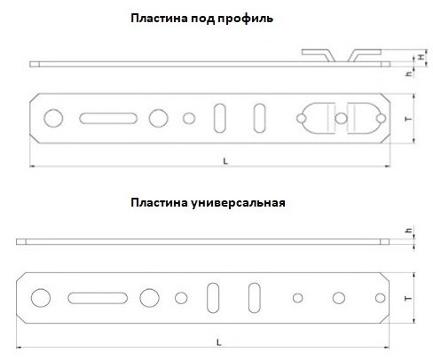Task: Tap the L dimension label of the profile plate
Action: point(225,161)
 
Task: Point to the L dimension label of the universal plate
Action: point(219,343)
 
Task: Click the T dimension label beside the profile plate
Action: point(409,119)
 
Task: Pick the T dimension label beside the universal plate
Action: point(408,299)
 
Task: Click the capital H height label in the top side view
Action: point(421,57)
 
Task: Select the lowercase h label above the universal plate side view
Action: point(408,230)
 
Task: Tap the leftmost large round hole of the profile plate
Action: point(53,118)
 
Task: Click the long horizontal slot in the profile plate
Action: point(108,118)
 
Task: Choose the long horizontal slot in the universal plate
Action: point(98,298)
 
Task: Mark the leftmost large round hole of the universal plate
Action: point(41,298)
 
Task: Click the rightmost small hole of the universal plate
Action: point(380,298)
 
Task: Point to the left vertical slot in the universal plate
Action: point(213,298)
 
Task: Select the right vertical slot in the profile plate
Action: point(259,118)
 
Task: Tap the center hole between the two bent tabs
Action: point(341,119)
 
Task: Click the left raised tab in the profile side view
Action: point(319,54)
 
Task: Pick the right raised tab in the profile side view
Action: point(365,54)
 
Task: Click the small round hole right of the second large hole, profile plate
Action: point(189,119)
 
